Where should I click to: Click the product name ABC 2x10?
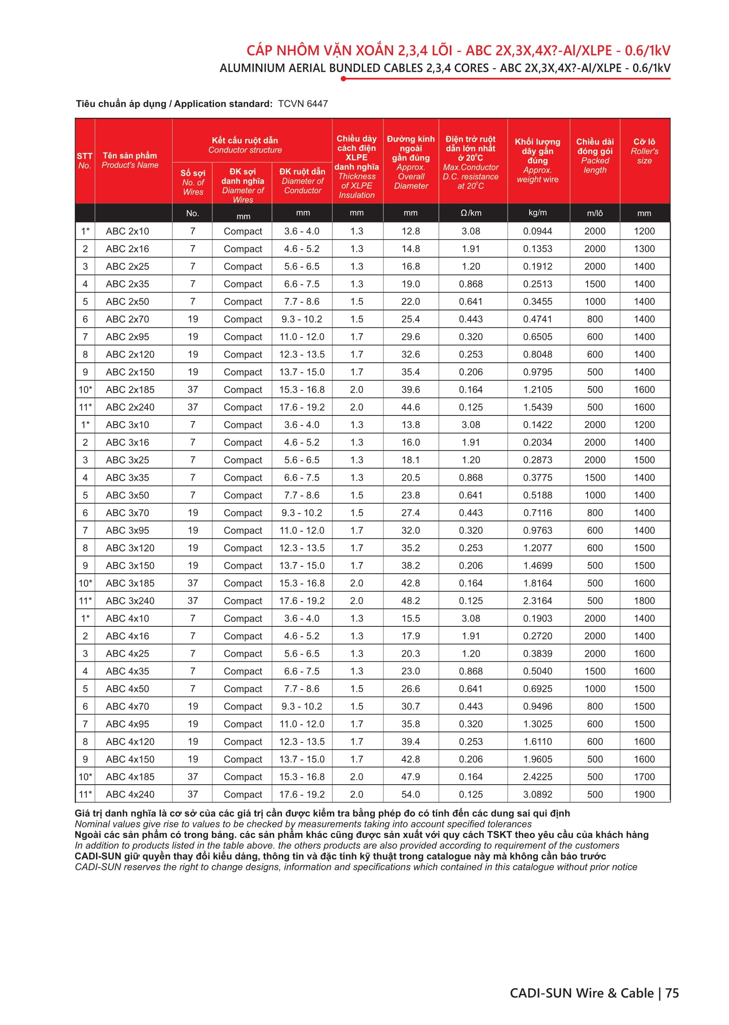(x=127, y=231)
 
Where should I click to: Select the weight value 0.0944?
(x=537, y=231)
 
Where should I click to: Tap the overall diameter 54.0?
(x=410, y=794)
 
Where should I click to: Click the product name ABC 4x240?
(x=130, y=794)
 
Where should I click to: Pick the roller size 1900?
(x=644, y=794)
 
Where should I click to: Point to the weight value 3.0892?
(x=537, y=794)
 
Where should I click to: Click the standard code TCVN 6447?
(x=303, y=104)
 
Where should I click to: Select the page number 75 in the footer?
(x=672, y=993)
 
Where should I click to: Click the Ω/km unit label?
(x=470, y=213)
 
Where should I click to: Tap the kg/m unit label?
(x=537, y=213)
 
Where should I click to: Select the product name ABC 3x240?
(x=130, y=600)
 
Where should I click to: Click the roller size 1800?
(x=644, y=600)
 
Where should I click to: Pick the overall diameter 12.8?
(x=410, y=231)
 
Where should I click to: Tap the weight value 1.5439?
(x=537, y=407)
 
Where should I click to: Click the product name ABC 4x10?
(x=127, y=618)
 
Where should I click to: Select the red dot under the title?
(x=343, y=79)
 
